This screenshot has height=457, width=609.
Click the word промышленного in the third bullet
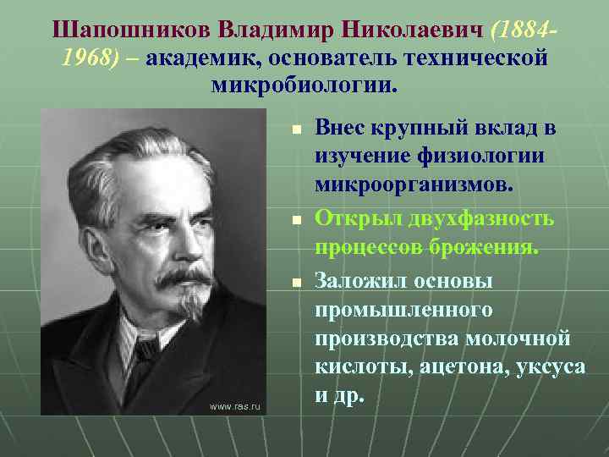point(403,310)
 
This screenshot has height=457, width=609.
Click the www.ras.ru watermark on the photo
point(236,407)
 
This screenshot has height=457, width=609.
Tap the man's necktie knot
point(146,348)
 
